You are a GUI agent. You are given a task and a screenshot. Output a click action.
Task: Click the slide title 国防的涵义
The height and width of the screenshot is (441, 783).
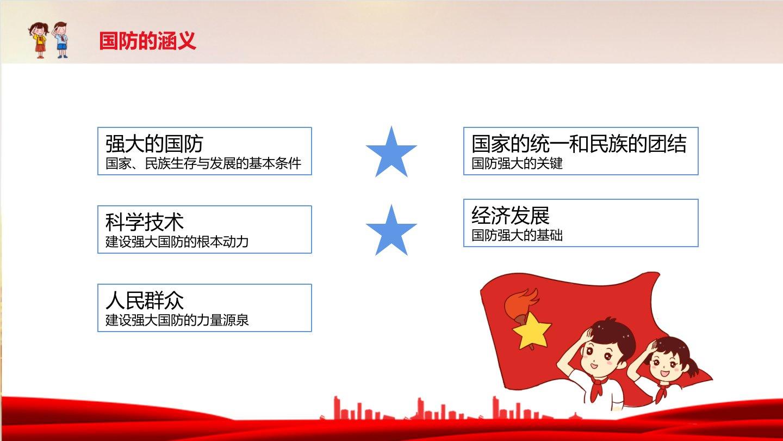(147, 41)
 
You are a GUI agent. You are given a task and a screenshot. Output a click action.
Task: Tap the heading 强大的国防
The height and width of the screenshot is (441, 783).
(154, 144)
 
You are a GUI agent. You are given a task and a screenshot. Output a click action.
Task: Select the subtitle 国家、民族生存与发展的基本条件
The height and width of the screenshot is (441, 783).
(203, 163)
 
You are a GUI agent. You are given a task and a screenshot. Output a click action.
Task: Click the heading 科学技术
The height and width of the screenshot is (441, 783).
(145, 222)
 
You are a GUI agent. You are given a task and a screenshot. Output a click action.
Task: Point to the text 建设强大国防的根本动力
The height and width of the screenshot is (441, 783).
(177, 242)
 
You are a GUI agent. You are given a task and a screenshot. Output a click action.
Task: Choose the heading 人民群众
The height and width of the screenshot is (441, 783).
(145, 301)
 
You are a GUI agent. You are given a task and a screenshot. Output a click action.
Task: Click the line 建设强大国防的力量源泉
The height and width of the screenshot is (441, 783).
(177, 320)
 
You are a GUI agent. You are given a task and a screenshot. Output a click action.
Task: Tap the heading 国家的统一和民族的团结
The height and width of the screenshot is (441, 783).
(579, 144)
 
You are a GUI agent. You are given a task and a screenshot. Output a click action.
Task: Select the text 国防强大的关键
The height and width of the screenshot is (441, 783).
(517, 163)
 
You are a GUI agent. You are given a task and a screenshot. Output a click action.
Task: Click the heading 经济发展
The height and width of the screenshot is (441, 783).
(511, 215)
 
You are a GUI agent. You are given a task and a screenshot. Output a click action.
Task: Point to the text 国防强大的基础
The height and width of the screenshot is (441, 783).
(517, 235)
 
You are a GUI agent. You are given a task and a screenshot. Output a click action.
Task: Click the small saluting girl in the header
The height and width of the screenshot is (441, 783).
(39, 40)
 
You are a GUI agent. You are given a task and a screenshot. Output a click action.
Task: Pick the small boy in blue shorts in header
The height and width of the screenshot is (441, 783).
(60, 40)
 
